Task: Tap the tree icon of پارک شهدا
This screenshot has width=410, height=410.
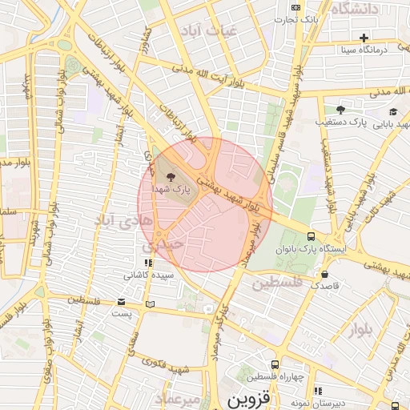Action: click(x=168, y=173)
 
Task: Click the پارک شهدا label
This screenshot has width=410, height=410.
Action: click(x=181, y=190)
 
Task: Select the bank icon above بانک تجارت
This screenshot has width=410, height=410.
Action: click(x=295, y=6)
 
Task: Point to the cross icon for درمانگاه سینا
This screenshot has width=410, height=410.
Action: click(x=364, y=37)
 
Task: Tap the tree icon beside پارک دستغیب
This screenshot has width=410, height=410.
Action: click(x=340, y=111)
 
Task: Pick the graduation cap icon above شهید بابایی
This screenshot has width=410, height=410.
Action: click(x=393, y=111)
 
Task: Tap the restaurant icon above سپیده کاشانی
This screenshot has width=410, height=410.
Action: click(x=147, y=261)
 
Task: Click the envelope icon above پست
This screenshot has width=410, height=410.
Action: click(x=122, y=302)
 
